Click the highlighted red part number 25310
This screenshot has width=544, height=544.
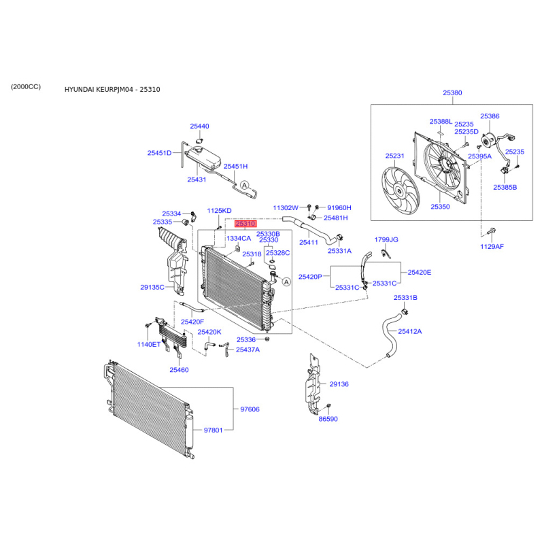point(245,224)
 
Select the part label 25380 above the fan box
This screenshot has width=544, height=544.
point(452,92)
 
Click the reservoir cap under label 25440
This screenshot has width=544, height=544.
point(199,141)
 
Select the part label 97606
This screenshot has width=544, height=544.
point(250,409)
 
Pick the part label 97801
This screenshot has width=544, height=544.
point(213,430)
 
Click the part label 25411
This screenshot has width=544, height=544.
point(309,242)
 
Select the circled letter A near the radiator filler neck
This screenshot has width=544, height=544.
point(286,282)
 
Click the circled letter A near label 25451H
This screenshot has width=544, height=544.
point(245,185)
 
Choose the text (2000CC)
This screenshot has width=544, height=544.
point(26,86)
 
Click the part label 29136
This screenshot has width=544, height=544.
point(339,384)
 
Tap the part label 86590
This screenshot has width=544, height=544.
point(328,419)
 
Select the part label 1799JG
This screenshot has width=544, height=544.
point(386,239)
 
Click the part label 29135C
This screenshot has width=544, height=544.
point(152,287)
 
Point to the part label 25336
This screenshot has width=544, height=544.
point(246,339)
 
